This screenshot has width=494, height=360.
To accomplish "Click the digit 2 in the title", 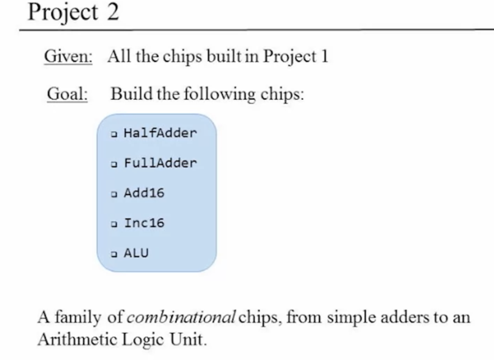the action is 113,12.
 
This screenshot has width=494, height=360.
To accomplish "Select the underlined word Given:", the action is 68,56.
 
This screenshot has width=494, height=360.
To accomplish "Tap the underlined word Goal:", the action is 67,94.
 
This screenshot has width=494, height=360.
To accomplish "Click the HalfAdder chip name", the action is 160,133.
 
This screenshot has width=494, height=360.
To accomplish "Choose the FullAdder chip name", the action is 160,163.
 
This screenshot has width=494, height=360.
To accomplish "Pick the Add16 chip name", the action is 144,193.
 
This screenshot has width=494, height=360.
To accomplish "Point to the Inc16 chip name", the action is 144,223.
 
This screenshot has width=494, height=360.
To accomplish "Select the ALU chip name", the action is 136,253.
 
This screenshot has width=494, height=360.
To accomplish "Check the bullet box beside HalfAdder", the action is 114,134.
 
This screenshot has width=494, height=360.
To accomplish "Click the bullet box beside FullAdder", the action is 114,164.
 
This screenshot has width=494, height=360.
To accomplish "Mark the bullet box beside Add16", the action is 114,194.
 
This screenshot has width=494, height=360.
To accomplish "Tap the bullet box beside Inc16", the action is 114,224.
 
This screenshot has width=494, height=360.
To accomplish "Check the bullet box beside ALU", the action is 114,254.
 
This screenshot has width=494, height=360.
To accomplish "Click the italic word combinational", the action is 181,317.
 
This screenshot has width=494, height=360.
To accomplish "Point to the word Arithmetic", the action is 77,339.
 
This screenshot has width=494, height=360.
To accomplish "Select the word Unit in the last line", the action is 188,339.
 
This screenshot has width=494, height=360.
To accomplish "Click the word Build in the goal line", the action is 131,94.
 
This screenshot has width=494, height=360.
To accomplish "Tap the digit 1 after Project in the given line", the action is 325,56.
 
